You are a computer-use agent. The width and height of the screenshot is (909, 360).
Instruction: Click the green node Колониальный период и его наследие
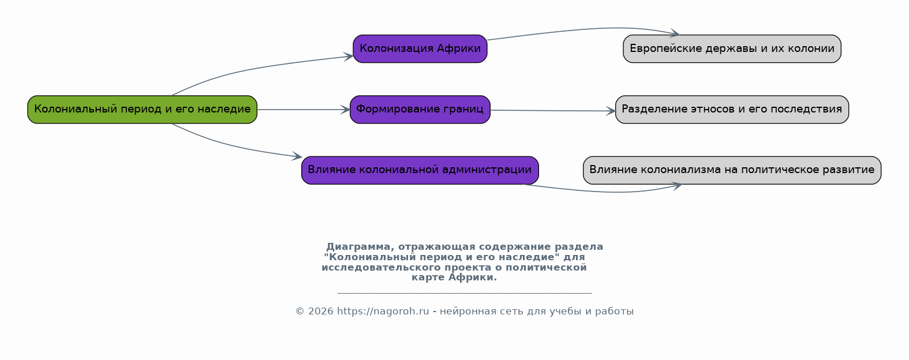pos(142,110)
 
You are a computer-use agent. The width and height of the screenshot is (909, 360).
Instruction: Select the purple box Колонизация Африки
pos(420,48)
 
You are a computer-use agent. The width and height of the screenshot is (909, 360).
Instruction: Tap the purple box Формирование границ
pos(420,110)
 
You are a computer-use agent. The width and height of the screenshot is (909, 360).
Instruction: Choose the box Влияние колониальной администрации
pos(420,170)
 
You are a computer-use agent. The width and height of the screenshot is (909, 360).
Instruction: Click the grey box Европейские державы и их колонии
pos(732,48)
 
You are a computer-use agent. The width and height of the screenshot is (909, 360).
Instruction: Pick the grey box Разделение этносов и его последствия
pos(732,110)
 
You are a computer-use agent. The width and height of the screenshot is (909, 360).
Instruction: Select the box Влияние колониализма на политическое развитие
pos(732,170)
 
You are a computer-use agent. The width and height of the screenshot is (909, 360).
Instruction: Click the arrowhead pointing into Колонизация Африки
pos(348,57)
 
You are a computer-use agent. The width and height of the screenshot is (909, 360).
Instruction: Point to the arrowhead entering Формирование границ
pos(345,110)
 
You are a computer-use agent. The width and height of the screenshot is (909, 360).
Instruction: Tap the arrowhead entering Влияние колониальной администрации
pos(297,156)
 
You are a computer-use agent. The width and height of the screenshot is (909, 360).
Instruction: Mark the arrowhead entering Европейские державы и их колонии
pos(675,33)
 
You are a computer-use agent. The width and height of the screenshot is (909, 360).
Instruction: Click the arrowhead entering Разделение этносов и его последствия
pos(611,111)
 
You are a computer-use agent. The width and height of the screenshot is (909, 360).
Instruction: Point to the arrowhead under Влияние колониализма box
pos(677,186)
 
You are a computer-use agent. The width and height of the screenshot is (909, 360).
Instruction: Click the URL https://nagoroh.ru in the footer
pos(383,312)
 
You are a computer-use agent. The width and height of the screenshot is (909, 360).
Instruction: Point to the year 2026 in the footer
pos(320,312)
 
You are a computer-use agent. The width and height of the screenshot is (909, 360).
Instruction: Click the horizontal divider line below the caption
pos(465,292)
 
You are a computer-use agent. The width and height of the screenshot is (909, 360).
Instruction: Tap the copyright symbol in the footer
pos(300,312)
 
